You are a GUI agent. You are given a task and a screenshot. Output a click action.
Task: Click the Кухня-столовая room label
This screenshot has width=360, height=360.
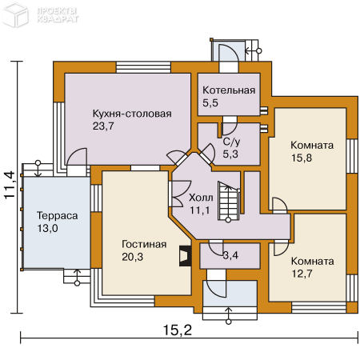132,114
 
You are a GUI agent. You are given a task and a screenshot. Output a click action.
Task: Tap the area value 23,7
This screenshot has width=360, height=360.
103,126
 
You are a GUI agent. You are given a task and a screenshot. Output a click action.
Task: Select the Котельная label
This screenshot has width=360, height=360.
229,90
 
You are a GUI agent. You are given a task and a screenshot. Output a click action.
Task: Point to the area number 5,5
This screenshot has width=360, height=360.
210,102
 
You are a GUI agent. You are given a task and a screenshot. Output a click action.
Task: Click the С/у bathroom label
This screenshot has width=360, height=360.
231,142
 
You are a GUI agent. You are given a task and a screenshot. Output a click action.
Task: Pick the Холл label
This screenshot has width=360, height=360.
201,198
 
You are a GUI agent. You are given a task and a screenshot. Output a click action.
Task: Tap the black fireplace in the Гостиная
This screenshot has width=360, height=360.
185,256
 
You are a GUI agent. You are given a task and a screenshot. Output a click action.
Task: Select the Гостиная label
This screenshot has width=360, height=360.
144,244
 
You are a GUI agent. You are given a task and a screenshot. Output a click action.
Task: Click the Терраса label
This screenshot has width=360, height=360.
57,216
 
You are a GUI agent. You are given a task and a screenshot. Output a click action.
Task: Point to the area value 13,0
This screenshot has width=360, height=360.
47,229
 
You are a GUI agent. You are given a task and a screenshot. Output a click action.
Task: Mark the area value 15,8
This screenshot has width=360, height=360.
302,158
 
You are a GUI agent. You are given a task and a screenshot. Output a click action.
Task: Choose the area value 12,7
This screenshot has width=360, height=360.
302,274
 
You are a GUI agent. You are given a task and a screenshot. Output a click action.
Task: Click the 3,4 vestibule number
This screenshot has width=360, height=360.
230,255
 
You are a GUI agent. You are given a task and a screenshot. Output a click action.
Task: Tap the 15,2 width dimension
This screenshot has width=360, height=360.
178,330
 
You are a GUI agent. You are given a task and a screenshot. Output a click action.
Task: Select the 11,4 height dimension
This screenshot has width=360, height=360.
10,185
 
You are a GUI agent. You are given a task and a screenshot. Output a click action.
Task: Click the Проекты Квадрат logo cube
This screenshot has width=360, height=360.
15,14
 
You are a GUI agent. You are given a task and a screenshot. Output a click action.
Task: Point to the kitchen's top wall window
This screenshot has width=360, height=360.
143,67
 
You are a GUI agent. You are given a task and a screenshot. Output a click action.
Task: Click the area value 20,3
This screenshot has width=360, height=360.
132,257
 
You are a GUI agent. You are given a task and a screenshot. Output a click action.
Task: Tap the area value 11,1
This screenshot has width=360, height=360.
200,210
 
